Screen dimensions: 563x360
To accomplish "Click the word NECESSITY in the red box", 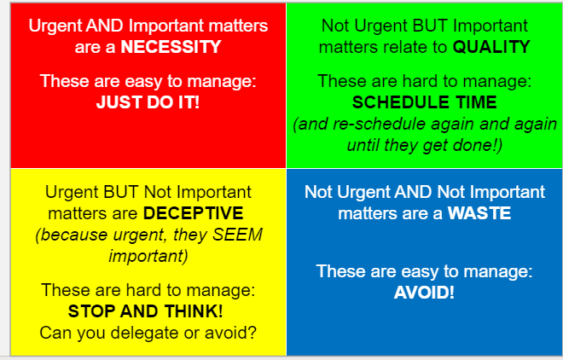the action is click(171, 47).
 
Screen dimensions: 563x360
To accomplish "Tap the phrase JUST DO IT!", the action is click(148, 102).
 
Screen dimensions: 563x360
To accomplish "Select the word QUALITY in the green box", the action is click(491, 47).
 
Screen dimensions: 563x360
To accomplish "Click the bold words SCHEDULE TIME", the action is click(425, 102).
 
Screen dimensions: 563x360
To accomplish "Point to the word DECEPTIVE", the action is click(193, 213).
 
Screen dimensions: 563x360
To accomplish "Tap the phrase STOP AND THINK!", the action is click(145, 311).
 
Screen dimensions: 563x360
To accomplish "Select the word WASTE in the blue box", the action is click(479, 213).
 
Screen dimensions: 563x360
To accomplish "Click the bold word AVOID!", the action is click(424, 293).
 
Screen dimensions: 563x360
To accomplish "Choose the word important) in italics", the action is click(148, 256).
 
